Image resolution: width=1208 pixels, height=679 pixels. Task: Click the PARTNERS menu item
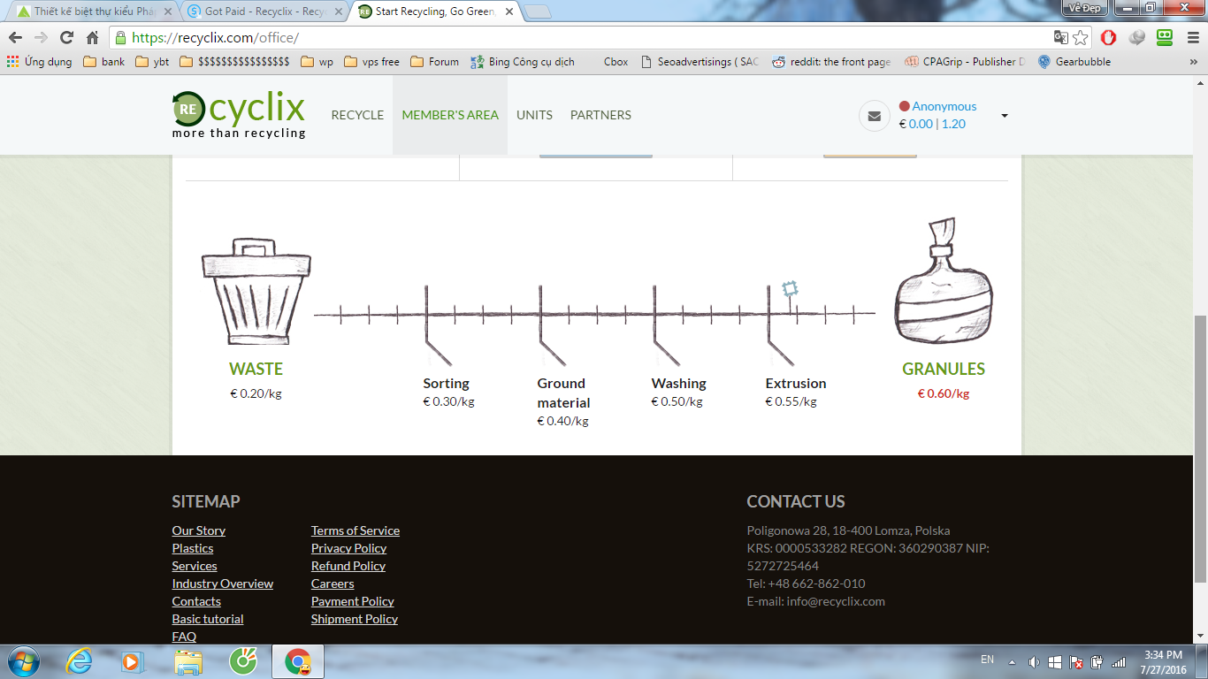tap(600, 115)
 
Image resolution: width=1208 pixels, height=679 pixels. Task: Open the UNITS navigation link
tap(534, 115)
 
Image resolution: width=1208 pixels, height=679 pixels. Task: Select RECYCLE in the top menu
tap(357, 115)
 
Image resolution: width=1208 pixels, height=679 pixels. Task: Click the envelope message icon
tap(875, 116)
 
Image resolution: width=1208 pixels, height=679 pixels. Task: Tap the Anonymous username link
tap(944, 106)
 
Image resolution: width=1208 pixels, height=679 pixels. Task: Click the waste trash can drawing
tap(256, 291)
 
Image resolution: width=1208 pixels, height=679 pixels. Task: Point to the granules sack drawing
tap(944, 280)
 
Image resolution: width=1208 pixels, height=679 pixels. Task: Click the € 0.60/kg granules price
tap(944, 393)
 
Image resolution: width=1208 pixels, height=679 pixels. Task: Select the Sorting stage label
tap(446, 383)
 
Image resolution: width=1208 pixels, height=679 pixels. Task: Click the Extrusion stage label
tap(795, 383)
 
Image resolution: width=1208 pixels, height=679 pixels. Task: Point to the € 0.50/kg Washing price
tap(677, 401)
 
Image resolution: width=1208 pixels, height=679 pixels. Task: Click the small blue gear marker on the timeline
tap(790, 289)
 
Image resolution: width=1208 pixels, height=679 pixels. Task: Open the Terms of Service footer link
tap(355, 530)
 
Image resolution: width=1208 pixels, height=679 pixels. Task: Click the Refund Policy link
tap(348, 566)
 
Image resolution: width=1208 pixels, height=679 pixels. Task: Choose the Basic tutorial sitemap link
tap(208, 619)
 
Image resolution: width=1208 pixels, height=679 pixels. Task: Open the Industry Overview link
tap(222, 584)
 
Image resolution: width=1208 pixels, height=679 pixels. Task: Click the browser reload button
tap(66, 38)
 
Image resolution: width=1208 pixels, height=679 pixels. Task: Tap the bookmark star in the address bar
tap(1080, 38)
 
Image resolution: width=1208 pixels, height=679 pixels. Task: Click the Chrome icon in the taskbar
tap(298, 661)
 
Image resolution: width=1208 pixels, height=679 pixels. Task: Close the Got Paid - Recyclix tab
tap(338, 11)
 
